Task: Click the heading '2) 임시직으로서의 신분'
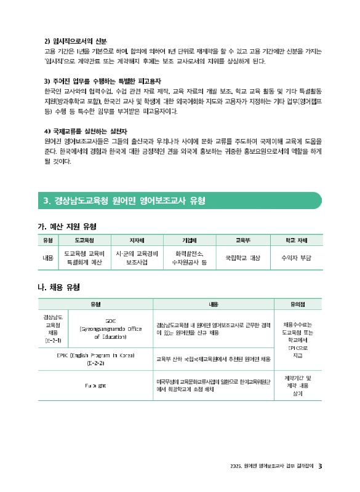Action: [x=76, y=41]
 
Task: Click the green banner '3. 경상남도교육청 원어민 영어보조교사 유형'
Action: [x=124, y=201]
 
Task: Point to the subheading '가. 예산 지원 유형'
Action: [x=67, y=226]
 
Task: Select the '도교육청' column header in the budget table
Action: [x=84, y=240]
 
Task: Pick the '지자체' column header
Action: [x=137, y=240]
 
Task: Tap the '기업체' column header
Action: [x=190, y=240]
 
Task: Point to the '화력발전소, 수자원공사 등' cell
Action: [x=190, y=258]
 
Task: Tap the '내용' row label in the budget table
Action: [x=47, y=258]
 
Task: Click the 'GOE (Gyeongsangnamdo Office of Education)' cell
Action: [x=110, y=328]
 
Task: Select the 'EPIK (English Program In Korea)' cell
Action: [x=95, y=359]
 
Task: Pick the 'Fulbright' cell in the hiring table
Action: [x=95, y=385]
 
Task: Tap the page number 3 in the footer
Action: [x=321, y=466]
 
